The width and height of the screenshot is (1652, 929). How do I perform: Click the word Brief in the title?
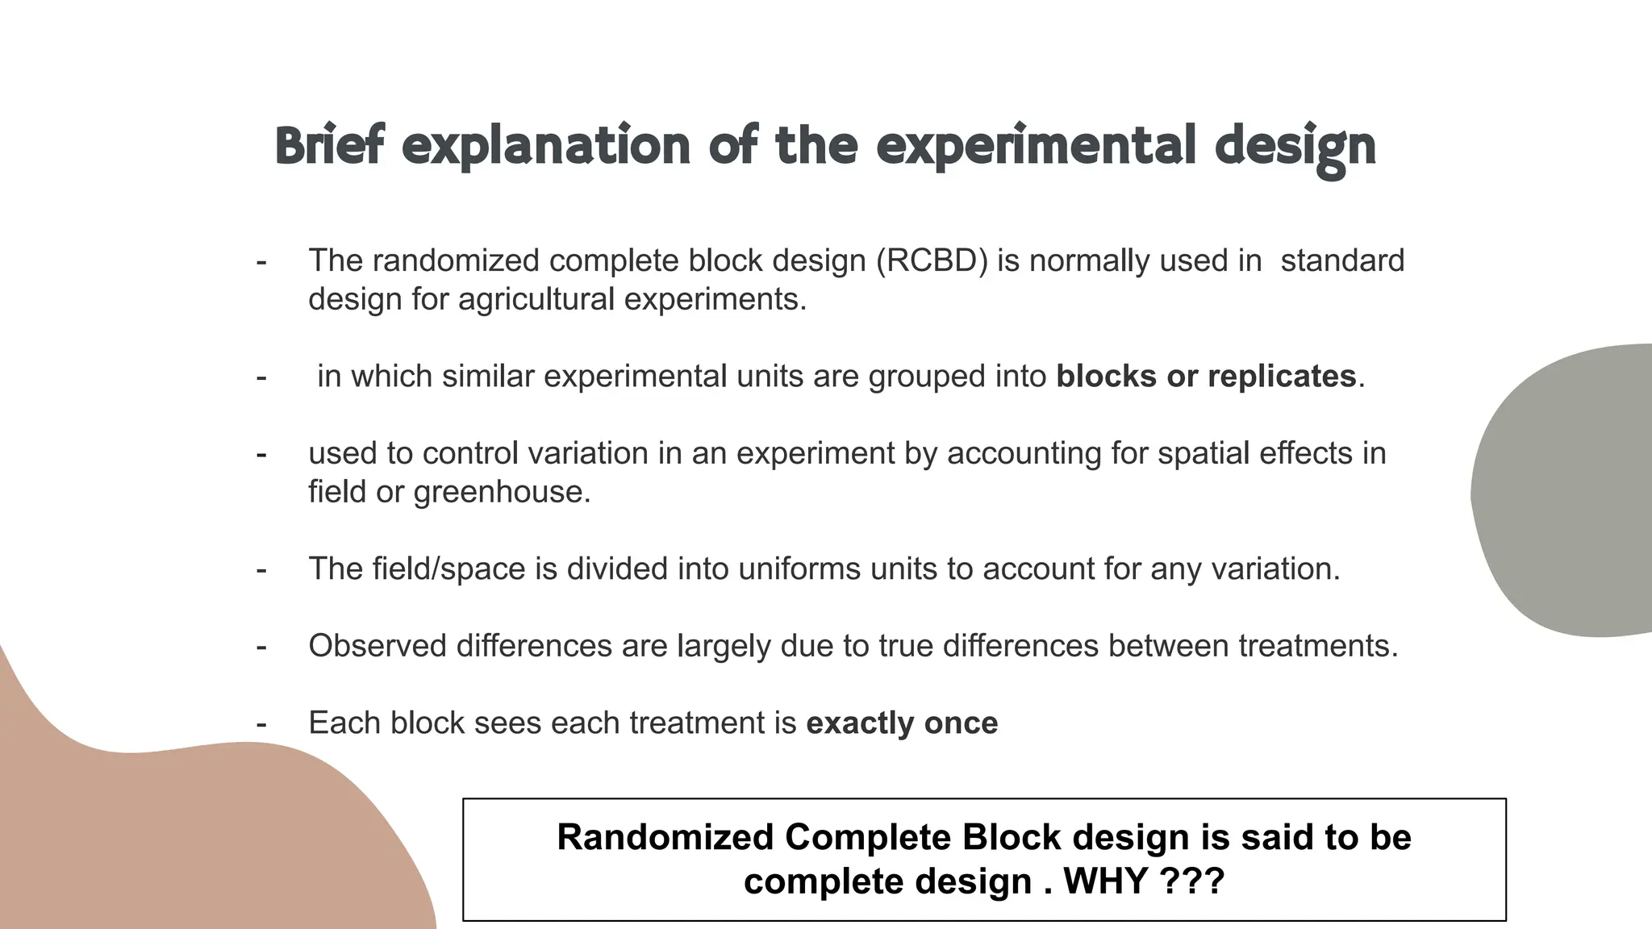point(329,146)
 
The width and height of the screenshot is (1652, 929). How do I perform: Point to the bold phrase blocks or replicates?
point(1206,377)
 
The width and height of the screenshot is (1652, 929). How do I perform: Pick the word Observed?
point(378,646)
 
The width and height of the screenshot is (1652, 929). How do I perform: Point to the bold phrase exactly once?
point(902,723)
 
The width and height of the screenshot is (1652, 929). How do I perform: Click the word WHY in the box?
point(1106,881)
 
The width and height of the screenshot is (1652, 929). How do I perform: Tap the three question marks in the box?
point(1192,881)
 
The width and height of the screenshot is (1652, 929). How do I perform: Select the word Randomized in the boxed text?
point(665,837)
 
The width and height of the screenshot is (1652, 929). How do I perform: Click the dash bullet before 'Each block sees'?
point(261,723)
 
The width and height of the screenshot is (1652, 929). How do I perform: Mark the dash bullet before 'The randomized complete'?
point(261,261)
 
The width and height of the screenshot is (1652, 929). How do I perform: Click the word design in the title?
point(1294,148)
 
